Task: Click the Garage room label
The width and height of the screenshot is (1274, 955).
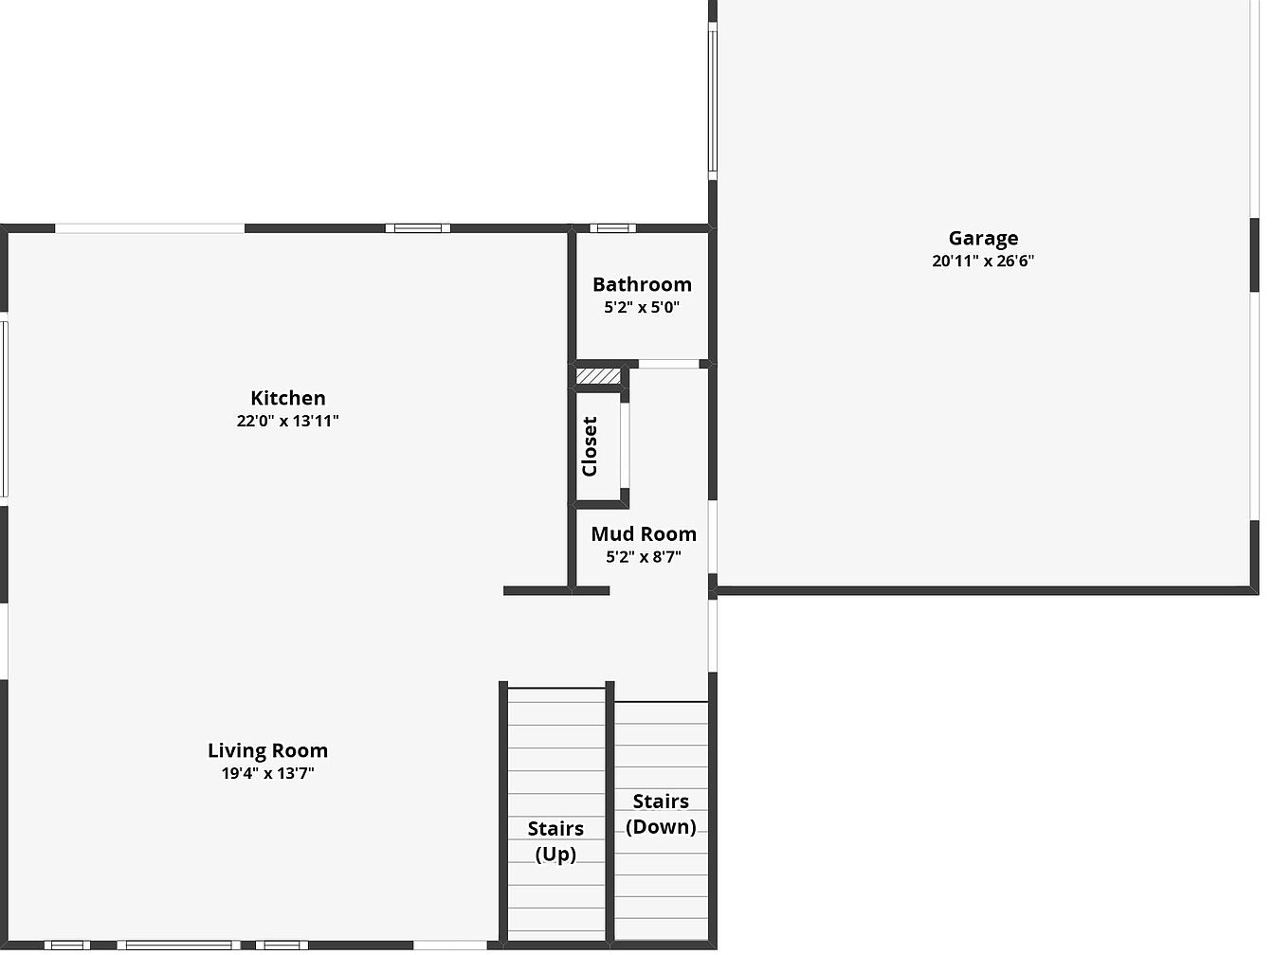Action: tap(983, 239)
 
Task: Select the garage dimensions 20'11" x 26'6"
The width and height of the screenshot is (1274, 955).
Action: tap(983, 261)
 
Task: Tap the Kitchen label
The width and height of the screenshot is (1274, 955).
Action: tap(288, 398)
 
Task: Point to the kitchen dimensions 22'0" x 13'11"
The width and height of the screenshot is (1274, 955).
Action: tap(287, 421)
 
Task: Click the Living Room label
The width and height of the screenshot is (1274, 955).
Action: tap(267, 750)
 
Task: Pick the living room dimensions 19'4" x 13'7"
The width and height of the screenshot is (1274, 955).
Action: tap(267, 773)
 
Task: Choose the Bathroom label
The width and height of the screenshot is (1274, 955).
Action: tap(642, 284)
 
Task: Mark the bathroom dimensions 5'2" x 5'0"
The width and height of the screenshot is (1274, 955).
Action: tap(642, 307)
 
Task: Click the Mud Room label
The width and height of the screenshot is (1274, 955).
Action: tap(644, 533)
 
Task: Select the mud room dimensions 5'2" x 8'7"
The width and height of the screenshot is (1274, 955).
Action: tap(644, 557)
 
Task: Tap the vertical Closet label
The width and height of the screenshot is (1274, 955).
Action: tap(590, 446)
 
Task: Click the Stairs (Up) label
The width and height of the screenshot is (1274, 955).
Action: tap(555, 841)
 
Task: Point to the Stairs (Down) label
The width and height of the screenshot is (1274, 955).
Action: tap(661, 814)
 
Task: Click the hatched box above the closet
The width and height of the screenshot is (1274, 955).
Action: tap(598, 376)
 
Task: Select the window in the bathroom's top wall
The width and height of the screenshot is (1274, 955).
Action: tap(613, 228)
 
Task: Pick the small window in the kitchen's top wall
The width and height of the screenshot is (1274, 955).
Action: tap(418, 228)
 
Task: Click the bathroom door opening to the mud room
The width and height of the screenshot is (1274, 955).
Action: tap(668, 364)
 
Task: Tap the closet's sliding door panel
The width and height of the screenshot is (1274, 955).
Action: tap(625, 445)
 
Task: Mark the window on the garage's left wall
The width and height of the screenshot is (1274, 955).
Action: tap(713, 101)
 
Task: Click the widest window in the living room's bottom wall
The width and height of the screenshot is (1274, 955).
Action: tap(179, 946)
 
